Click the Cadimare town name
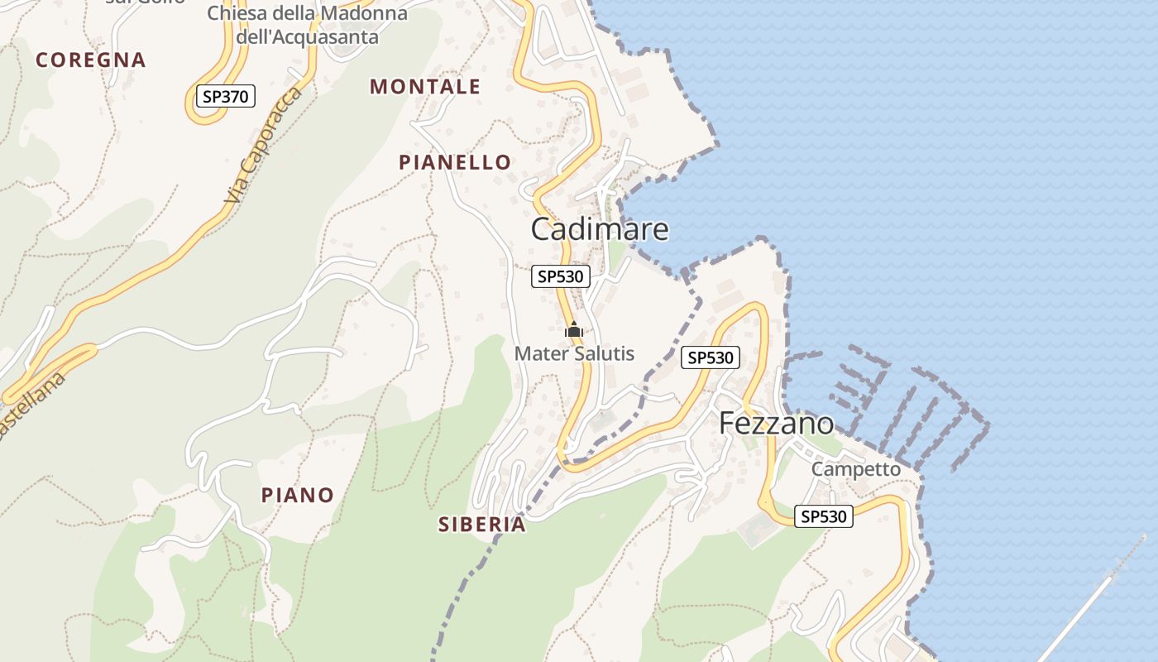pyautogui.click(x=599, y=228)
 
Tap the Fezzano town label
pyautogui.click(x=776, y=423)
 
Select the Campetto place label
pyautogui.click(x=855, y=468)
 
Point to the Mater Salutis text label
pyautogui.click(x=574, y=354)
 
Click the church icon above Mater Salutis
pyautogui.click(x=573, y=330)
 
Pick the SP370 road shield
pyautogui.click(x=225, y=96)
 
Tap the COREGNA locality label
pyautogui.click(x=91, y=60)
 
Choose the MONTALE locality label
pyautogui.click(x=424, y=86)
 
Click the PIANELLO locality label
pyautogui.click(x=455, y=162)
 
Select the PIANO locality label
pyautogui.click(x=298, y=495)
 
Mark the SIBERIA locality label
pyautogui.click(x=481, y=524)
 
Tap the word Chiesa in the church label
pyautogui.click(x=237, y=13)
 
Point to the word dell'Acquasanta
pyautogui.click(x=307, y=37)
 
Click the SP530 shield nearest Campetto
pyautogui.click(x=824, y=516)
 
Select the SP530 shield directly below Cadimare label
pyautogui.click(x=560, y=276)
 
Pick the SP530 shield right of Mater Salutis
pyautogui.click(x=711, y=357)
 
